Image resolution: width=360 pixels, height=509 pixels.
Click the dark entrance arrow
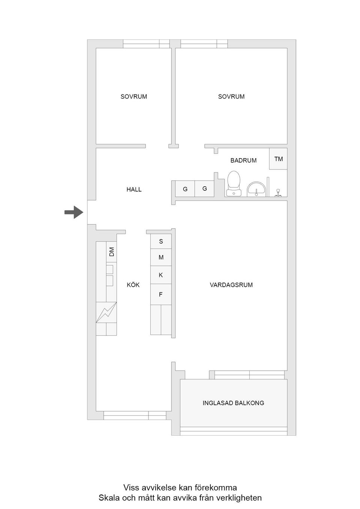(x=74, y=213)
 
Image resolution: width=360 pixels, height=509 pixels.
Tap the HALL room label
(x=134, y=190)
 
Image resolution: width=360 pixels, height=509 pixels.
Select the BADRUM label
(x=243, y=160)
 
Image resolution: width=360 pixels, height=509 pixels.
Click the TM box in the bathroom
(x=278, y=159)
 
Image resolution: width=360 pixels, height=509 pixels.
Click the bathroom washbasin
(x=256, y=189)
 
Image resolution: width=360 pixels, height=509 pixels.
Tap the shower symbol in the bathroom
(x=278, y=193)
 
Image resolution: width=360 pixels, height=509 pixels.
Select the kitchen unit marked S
(x=161, y=241)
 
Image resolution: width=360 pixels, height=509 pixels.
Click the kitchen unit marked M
(x=161, y=257)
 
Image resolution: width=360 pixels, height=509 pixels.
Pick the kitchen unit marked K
(x=161, y=275)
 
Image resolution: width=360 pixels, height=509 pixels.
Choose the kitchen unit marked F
(x=161, y=295)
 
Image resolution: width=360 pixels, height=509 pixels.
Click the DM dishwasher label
(x=111, y=252)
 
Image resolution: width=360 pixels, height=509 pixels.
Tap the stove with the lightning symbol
(x=106, y=312)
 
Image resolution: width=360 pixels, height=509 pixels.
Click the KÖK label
(x=133, y=285)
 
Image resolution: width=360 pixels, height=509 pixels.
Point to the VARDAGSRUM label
(x=231, y=285)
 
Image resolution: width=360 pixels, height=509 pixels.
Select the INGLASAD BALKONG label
(x=233, y=403)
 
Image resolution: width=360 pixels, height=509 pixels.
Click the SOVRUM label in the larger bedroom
(x=231, y=97)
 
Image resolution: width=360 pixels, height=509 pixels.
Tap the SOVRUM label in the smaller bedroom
(x=133, y=97)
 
